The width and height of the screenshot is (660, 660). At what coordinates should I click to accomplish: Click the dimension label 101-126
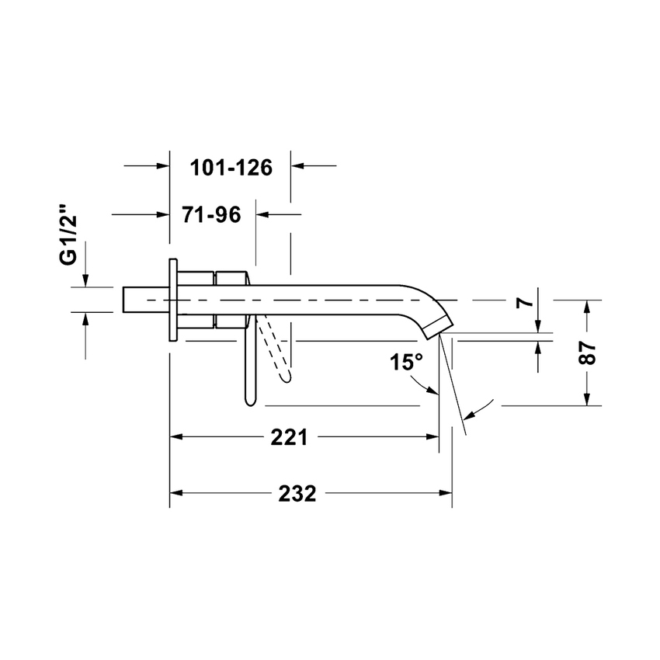coord(231,167)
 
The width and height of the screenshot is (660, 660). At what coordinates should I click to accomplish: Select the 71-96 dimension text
coord(212,214)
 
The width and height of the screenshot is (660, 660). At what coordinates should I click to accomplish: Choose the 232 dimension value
coord(297,494)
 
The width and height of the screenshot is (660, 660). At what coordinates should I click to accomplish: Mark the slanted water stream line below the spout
coord(453,380)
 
